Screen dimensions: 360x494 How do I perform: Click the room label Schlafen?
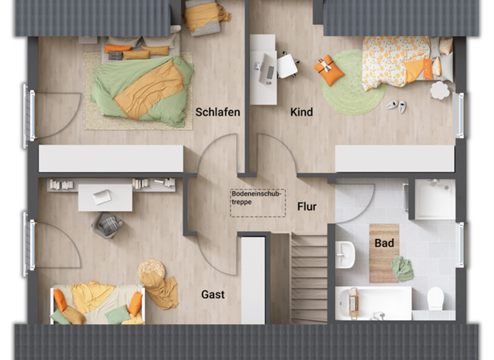click(217, 112)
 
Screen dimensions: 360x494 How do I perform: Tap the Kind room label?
click(301, 112)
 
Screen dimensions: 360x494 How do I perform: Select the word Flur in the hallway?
click(306, 206)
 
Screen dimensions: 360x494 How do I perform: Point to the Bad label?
click(385, 244)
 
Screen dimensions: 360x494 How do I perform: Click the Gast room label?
click(213, 294)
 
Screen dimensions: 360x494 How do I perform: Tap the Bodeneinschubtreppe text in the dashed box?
click(257, 197)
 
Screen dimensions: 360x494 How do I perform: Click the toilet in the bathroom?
click(435, 298)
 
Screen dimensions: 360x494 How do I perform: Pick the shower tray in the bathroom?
click(434, 199)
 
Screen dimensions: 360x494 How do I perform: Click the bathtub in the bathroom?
click(373, 303)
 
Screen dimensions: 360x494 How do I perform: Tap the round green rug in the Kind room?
click(352, 83)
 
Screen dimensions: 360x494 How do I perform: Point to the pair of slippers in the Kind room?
click(396, 106)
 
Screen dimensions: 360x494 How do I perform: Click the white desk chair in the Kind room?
click(288, 65)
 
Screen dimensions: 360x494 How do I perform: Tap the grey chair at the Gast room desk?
click(108, 225)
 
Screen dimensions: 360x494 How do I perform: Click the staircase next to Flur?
click(309, 276)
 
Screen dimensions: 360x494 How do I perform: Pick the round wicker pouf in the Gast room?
click(152, 268)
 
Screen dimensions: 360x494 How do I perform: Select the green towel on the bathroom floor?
click(403, 268)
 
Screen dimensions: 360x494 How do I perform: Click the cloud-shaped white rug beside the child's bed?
click(440, 90)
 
